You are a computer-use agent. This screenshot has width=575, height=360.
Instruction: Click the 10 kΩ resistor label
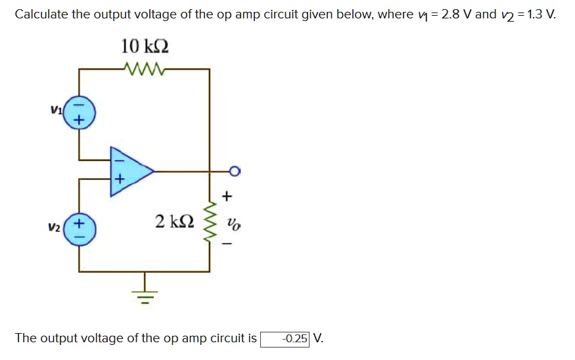coord(145,47)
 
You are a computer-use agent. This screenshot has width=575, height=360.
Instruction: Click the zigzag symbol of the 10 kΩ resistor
coord(145,68)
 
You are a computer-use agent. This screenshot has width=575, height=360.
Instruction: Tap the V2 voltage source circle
coord(80,230)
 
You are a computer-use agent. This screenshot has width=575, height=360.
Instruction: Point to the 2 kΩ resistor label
coord(174,221)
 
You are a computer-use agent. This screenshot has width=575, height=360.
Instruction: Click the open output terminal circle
coord(235,172)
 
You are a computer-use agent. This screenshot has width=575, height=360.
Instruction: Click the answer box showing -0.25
coord(285,339)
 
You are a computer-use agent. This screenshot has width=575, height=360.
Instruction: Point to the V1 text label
coord(56,109)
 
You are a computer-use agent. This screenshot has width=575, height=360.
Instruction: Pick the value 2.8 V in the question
coord(455,14)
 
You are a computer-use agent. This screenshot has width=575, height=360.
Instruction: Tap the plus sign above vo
coord(227,196)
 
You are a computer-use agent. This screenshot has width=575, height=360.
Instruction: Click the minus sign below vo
coord(227,244)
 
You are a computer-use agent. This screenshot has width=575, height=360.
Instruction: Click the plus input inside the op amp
coord(119,179)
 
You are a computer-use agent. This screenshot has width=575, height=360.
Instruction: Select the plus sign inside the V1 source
coord(80,121)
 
